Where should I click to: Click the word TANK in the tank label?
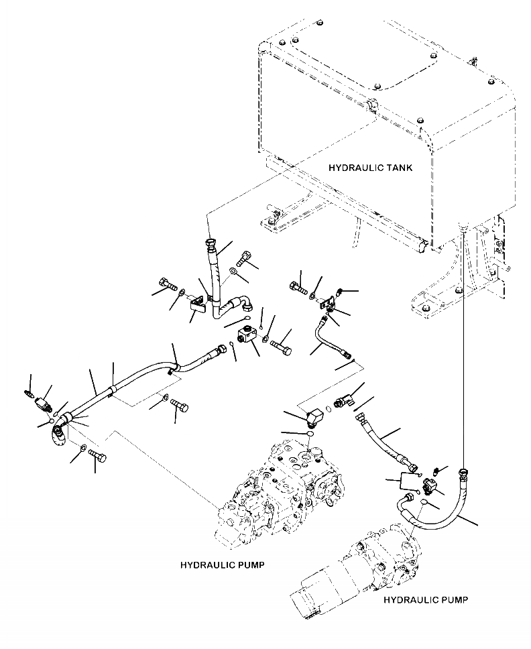click(x=398, y=168)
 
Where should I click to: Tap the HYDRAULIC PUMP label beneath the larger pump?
click(x=222, y=565)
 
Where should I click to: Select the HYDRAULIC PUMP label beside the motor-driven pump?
click(x=426, y=600)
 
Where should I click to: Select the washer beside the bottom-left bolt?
click(x=82, y=449)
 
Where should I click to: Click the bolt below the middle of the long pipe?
click(x=179, y=406)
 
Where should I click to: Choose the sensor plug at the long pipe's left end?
click(x=43, y=403)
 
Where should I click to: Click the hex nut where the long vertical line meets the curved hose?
click(x=463, y=472)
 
